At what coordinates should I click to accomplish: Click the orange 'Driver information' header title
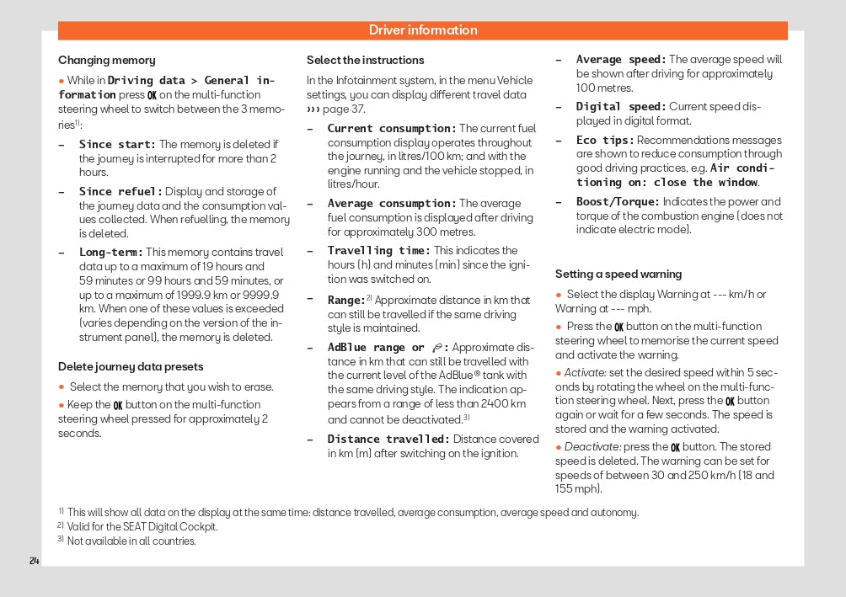coord(423,30)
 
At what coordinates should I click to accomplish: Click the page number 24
coord(34,561)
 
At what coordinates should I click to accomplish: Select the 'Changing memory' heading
coord(106,61)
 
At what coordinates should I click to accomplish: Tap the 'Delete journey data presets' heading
coord(131,367)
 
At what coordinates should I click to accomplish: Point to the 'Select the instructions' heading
coord(365,61)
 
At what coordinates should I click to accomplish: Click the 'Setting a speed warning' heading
coord(618,275)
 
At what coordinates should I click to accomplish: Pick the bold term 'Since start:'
coord(117,145)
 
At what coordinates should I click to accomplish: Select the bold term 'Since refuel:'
coord(120,192)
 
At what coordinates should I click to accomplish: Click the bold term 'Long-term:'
coord(111,253)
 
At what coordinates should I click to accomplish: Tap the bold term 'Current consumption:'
coord(392,129)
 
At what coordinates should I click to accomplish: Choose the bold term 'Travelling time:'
coord(378,251)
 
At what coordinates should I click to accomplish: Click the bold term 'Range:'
coord(346,300)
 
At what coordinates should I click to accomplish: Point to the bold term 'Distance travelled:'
coord(388,440)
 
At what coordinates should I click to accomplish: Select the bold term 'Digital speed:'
coord(621,107)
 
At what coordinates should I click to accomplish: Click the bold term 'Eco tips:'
coord(605,141)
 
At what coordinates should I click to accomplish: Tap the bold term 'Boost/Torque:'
coord(618,202)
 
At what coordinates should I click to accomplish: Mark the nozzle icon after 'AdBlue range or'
coord(436,348)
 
